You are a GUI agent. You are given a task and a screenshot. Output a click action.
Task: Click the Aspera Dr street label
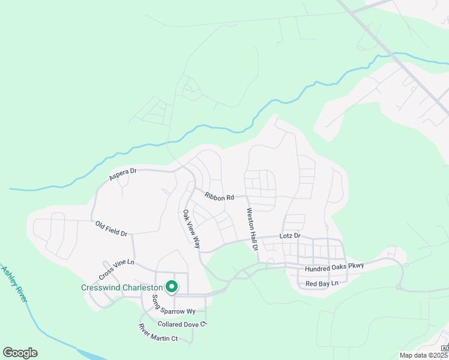point(123,175)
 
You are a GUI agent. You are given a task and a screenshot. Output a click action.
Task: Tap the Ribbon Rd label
point(218,196)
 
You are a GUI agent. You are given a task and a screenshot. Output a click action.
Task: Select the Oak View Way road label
point(191,229)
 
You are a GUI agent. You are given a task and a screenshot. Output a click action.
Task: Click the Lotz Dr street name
point(289,236)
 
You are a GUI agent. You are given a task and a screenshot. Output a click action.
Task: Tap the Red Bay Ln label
point(322,283)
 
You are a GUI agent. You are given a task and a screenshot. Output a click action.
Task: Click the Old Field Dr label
point(112,229)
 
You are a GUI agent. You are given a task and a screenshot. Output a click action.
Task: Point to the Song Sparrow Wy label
point(173,306)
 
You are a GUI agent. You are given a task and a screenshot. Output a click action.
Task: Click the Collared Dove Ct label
point(182,324)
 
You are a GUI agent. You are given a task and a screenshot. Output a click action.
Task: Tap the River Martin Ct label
point(158,333)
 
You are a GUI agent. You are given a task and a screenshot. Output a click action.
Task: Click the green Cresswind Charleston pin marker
point(171,287)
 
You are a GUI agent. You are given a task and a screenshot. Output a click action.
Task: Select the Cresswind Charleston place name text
point(122,287)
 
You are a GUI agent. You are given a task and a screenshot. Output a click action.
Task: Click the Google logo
point(20,353)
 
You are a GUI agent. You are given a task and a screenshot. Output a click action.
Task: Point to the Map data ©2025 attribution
point(424,355)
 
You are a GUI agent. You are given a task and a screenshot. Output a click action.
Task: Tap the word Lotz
point(286,236)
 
